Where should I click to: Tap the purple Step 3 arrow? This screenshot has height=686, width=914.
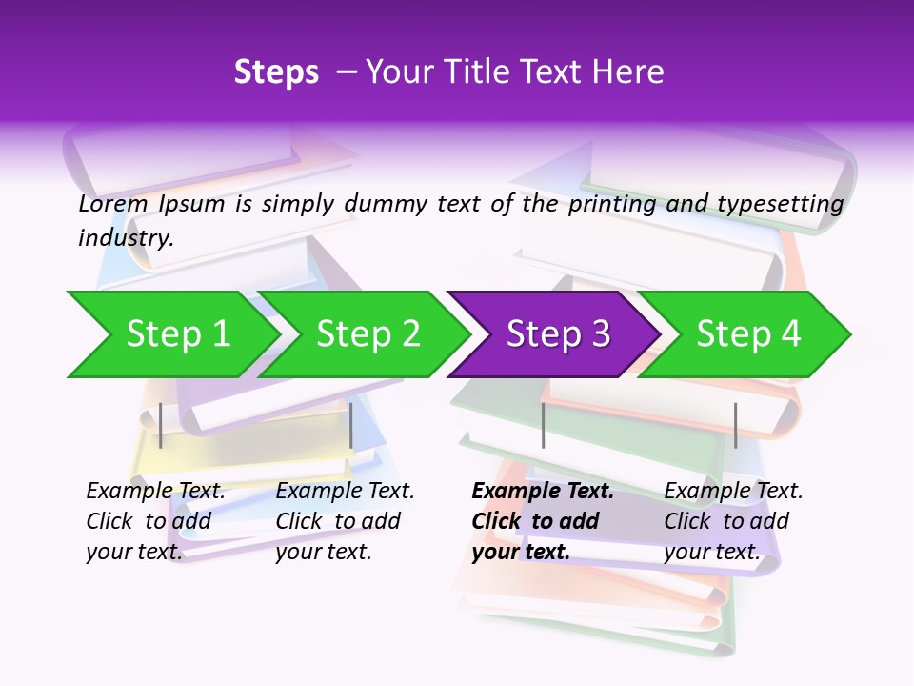[558, 334]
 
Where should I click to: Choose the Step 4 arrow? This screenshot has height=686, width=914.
[748, 334]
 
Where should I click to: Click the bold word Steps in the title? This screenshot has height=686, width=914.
[276, 72]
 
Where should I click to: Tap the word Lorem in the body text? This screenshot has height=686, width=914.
[112, 204]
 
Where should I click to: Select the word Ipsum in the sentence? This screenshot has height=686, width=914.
[191, 204]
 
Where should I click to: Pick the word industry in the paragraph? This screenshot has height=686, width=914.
[126, 238]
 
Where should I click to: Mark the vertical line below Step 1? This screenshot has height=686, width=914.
[161, 425]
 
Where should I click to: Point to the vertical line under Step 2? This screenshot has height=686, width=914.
[351, 425]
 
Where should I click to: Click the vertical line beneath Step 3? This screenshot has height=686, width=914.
[543, 425]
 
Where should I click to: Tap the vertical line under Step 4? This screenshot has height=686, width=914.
[735, 425]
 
